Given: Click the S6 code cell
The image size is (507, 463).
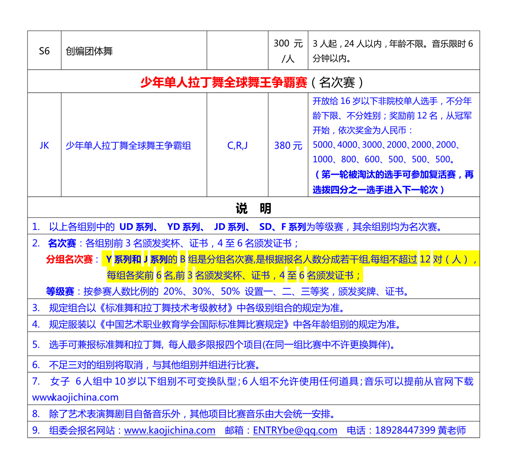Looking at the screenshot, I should pyautogui.click(x=44, y=51).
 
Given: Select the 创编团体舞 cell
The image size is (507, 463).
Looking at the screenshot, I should pyautogui.click(x=89, y=51).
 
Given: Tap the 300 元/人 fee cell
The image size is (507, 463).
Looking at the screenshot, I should pyautogui.click(x=288, y=51).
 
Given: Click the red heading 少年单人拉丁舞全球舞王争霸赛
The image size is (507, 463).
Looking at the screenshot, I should pyautogui.click(x=224, y=82).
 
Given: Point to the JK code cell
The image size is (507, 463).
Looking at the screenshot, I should pyautogui.click(x=44, y=145).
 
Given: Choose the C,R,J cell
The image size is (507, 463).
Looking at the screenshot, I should pyautogui.click(x=237, y=145).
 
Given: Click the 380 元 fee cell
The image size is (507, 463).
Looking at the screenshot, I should pyautogui.click(x=288, y=145).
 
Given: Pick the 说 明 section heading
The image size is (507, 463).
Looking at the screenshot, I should pyautogui.click(x=253, y=208).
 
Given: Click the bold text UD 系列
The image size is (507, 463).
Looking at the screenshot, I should pyautogui.click(x=136, y=227).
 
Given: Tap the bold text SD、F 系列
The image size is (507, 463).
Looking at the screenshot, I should pyautogui.click(x=283, y=227).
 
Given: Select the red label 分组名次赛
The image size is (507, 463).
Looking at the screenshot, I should pyautogui.click(x=69, y=259).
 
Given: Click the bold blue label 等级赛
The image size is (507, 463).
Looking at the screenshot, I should pyautogui.click(x=60, y=291).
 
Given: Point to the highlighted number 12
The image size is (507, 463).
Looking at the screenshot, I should pyautogui.click(x=425, y=259).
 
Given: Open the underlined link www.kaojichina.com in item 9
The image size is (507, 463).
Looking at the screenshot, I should pyautogui.click(x=169, y=430).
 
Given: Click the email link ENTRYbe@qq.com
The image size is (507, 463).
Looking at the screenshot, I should pyautogui.click(x=295, y=430).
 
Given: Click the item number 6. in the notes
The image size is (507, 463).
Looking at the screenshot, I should pyautogui.click(x=36, y=365).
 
